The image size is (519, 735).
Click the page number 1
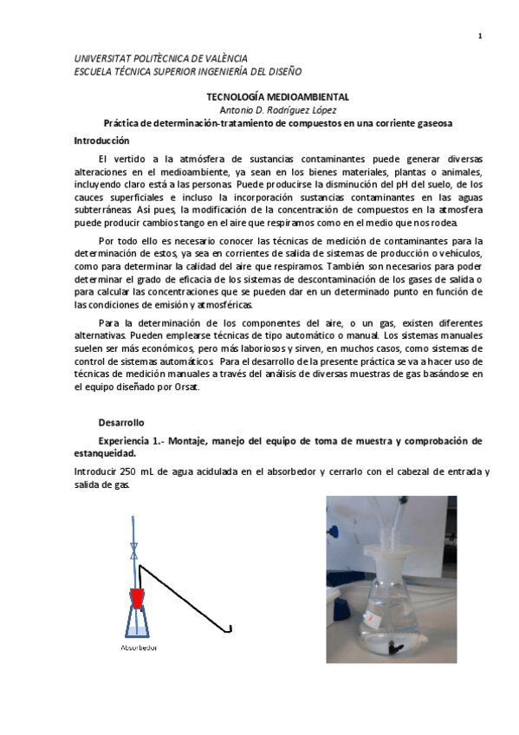point(479,36)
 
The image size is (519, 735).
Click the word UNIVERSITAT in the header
point(101,57)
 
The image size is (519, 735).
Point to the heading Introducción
point(101,140)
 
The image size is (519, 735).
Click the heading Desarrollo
point(120,422)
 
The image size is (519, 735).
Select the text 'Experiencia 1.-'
point(130,440)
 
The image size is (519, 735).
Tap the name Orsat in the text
point(185,387)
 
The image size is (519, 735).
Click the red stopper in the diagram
point(138,598)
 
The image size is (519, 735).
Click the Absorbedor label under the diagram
point(139,647)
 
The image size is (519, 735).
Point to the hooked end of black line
point(230,628)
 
